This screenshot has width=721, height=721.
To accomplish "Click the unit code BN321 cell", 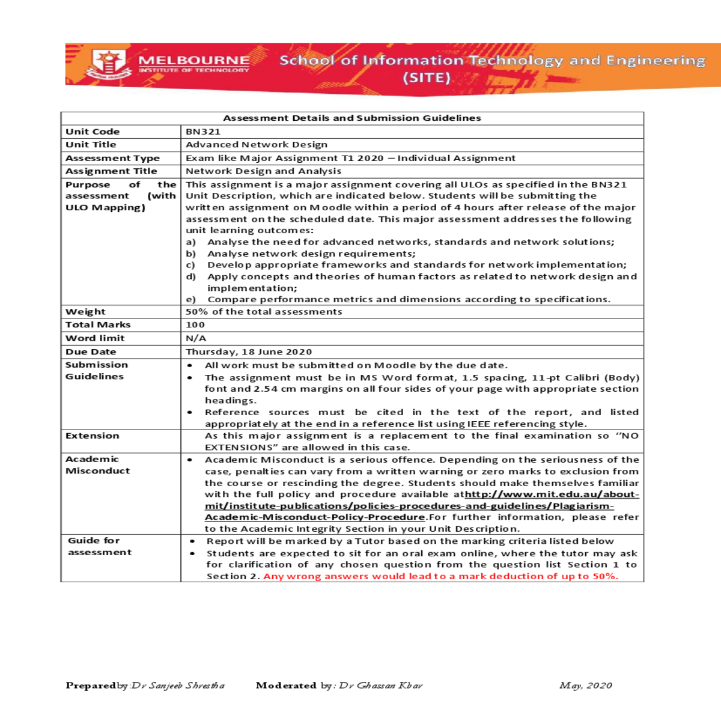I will [203, 132].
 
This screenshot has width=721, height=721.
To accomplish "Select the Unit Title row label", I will [91, 145].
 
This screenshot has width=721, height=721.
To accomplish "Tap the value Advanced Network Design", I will [257, 145].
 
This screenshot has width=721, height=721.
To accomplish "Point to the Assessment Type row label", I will [112, 158].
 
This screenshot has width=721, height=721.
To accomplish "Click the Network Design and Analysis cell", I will [263, 171].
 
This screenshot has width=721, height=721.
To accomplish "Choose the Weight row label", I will [85, 312].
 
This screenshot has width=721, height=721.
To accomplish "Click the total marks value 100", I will [195, 325].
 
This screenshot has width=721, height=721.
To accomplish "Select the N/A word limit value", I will [196, 338].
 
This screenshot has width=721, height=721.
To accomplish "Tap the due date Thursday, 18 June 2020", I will [249, 352].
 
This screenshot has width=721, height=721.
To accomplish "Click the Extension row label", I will [93, 436].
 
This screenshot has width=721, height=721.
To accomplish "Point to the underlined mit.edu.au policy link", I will [421, 506].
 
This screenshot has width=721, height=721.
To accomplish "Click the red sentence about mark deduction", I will [440, 576].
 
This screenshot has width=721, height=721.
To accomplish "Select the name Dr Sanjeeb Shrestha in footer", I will [178, 686].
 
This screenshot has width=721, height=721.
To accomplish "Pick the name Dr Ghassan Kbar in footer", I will [380, 686].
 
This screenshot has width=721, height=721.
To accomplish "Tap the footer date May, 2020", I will [586, 686].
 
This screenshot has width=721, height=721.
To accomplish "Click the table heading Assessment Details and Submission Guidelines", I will [352, 118].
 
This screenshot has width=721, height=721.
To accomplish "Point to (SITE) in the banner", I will [427, 78].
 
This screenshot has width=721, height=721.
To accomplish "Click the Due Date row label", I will [91, 352].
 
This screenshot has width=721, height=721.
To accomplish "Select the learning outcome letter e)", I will [191, 300].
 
